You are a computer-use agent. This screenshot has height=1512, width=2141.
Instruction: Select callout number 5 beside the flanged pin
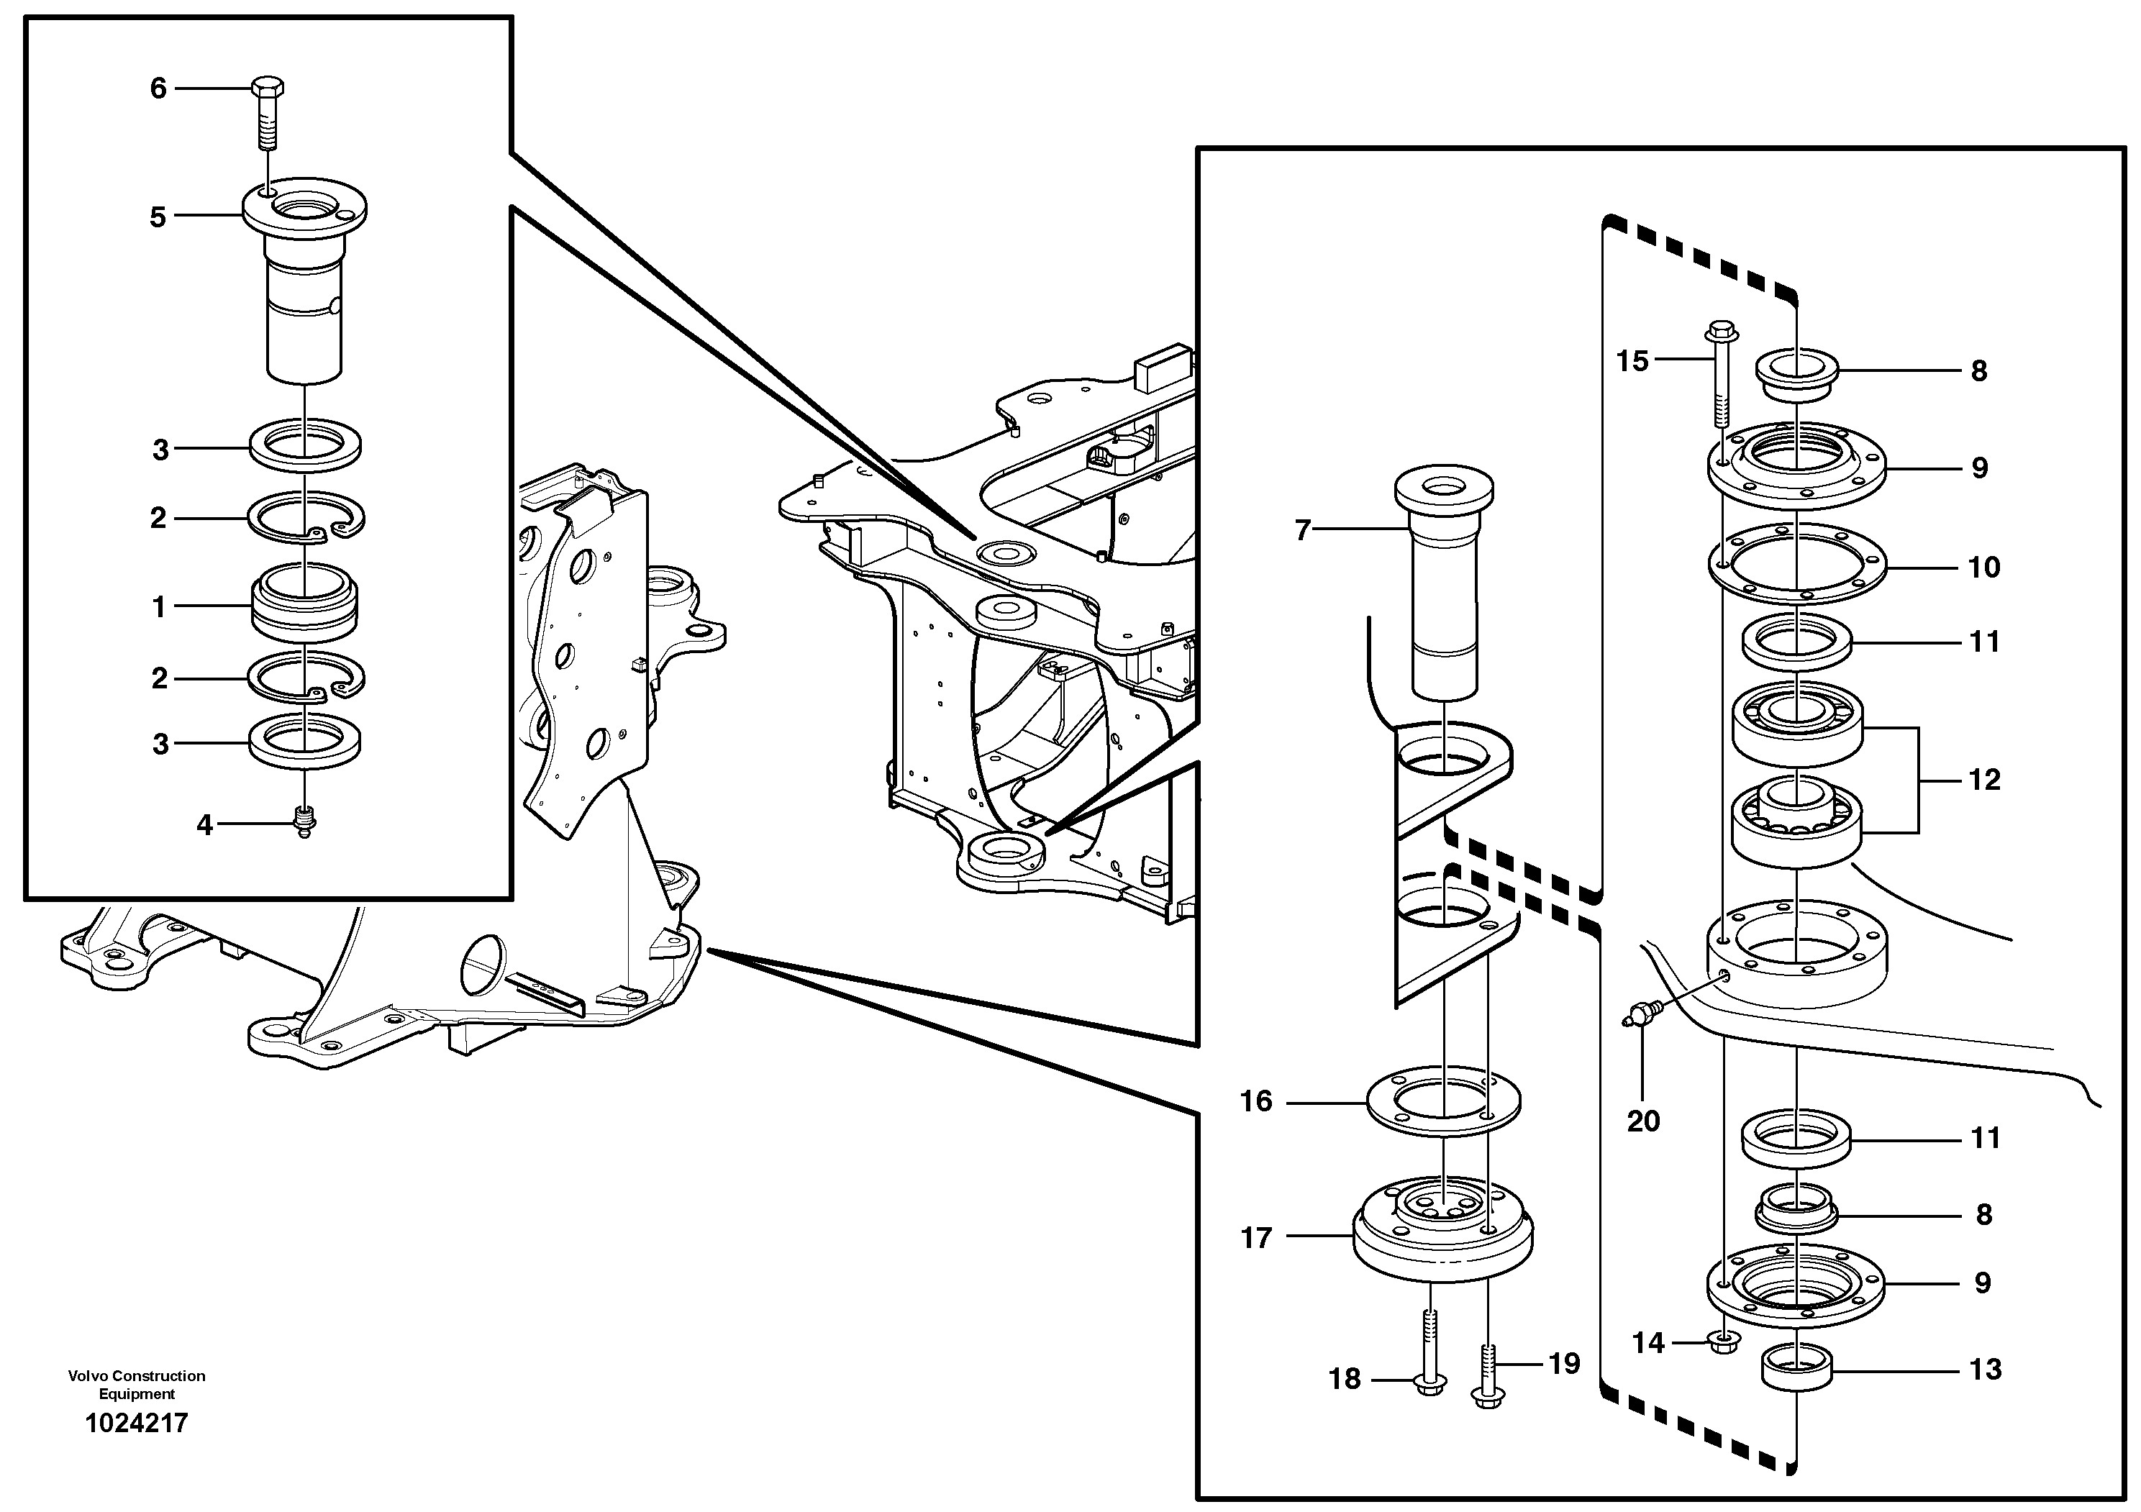[158, 217]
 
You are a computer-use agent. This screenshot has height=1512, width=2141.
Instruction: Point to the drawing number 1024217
[136, 1423]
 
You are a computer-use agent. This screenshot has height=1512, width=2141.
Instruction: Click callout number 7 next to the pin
[1303, 530]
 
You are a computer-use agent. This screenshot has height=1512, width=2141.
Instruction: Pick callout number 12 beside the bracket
[1984, 779]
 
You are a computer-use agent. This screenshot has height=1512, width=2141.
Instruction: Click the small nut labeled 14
[1724, 1342]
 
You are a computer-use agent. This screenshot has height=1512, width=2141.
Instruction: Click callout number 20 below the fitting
[1644, 1121]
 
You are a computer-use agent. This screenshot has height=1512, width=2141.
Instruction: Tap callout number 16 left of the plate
[1256, 1102]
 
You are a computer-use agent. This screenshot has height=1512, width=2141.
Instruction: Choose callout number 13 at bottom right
[1986, 1370]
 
